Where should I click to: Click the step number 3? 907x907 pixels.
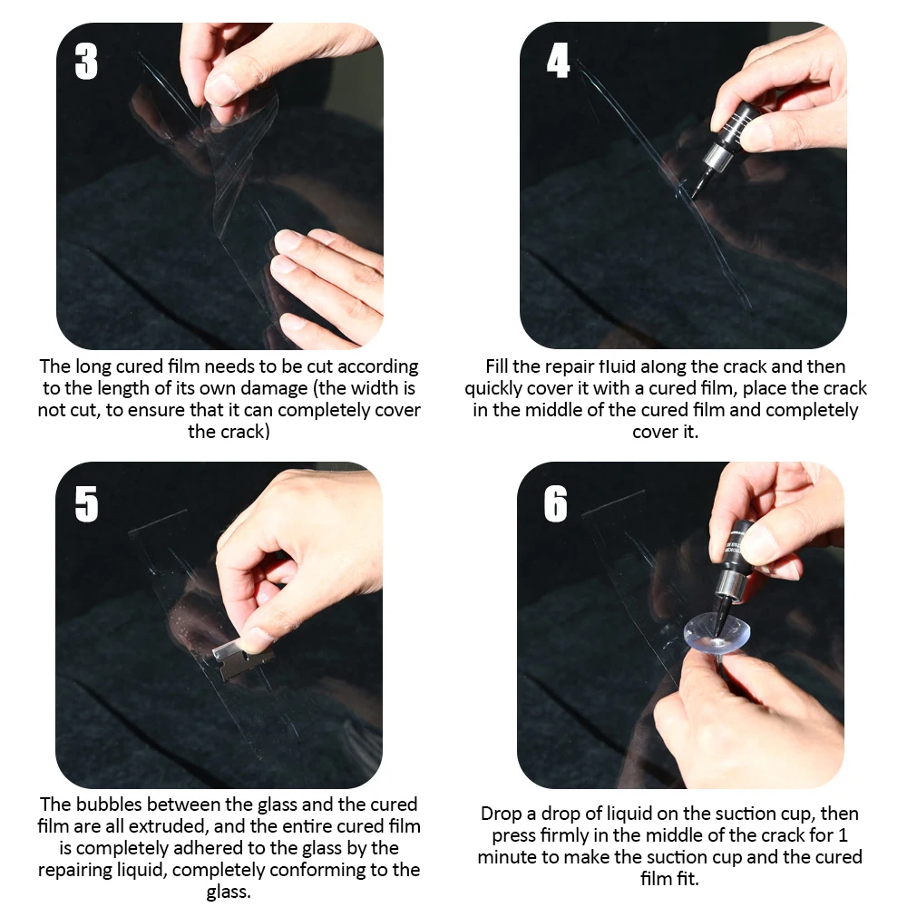click(86, 62)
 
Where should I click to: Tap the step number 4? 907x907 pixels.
click(558, 60)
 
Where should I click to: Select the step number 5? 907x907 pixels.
click(86, 503)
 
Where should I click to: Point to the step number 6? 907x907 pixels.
click(555, 503)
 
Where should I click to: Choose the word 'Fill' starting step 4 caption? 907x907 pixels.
click(497, 366)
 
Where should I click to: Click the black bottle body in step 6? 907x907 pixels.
click(738, 550)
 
